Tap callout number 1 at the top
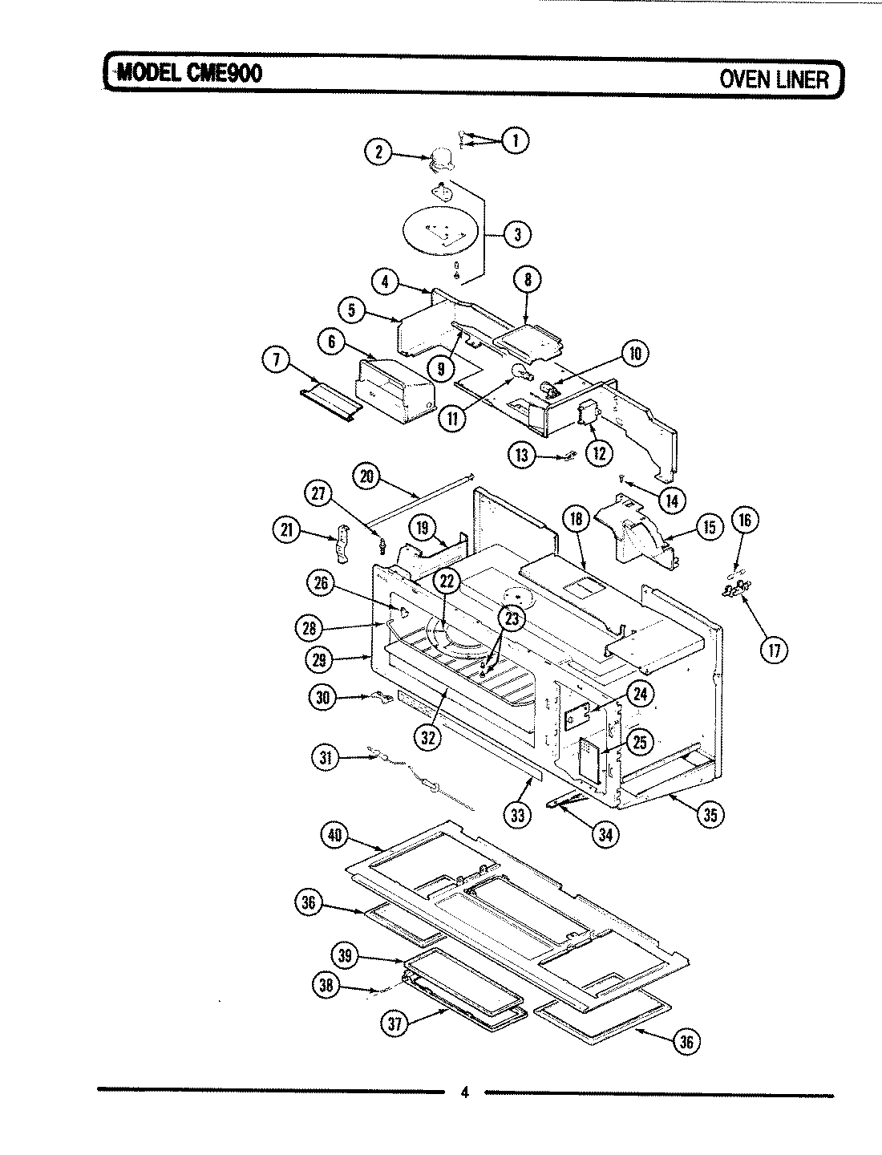click(515, 140)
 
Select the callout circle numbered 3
click(517, 235)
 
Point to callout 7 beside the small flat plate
click(277, 363)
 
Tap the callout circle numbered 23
click(511, 618)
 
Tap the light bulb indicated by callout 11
click(522, 372)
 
